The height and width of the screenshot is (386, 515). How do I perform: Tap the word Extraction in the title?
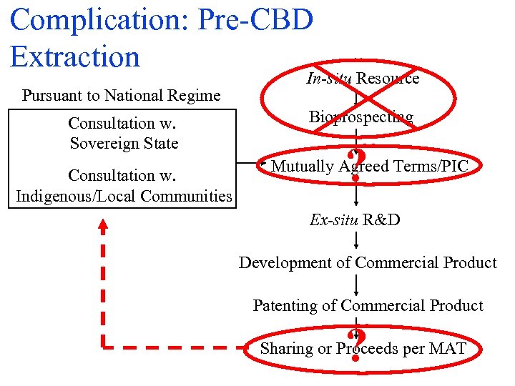[x=75, y=56]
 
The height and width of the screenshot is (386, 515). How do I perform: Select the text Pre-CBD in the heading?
[x=263, y=20]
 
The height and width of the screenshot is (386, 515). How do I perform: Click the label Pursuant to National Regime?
[x=121, y=95]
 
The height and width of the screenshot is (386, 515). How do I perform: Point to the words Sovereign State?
[x=124, y=143]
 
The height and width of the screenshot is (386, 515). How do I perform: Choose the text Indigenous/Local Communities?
[x=124, y=195]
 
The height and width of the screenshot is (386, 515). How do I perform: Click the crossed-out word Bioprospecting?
[x=361, y=117]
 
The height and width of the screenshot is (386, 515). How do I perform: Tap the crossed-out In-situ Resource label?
[x=363, y=79]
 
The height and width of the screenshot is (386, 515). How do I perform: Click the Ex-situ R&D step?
[x=355, y=219]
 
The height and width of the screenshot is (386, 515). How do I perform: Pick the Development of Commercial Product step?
[x=368, y=262]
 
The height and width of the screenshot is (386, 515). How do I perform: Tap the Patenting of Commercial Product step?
[x=368, y=305]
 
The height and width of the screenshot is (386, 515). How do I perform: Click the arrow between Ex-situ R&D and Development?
[x=356, y=241]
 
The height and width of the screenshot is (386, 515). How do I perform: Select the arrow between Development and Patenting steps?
[x=356, y=284]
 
